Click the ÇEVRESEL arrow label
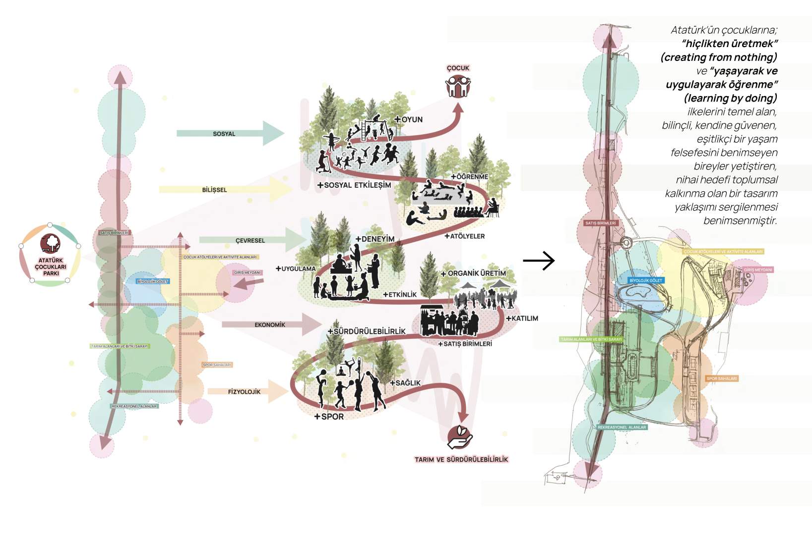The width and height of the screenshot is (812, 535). coord(250,241)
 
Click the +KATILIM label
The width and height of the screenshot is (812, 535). coord(522,319)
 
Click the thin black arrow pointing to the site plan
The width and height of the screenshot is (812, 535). coord(539,261)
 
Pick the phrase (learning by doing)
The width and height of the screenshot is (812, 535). coord(730,98)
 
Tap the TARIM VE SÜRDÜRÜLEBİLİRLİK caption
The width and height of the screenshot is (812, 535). coord(461,460)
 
